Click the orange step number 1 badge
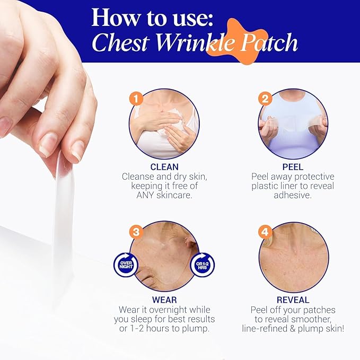pyautogui.click(x=136, y=99)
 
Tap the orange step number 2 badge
pyautogui.click(x=265, y=99)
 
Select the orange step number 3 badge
pyautogui.click(x=136, y=232)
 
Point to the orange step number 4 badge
pyautogui.click(x=265, y=232)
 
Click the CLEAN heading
pyautogui.click(x=164, y=167)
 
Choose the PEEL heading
pyautogui.click(x=293, y=167)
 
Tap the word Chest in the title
pyautogui.click(x=119, y=43)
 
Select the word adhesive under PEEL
pyautogui.click(x=293, y=196)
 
